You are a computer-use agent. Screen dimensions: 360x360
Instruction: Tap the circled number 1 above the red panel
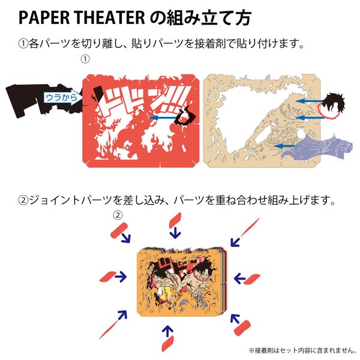(x=85, y=59)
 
